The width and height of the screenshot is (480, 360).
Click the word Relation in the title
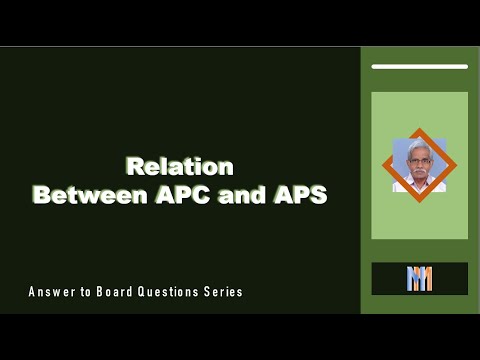tap(180, 166)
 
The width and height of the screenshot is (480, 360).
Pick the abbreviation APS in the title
tap(299, 195)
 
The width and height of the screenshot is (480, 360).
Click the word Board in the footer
tap(118, 292)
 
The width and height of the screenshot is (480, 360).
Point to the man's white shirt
tap(420, 185)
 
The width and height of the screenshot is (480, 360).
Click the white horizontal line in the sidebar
tap(419, 67)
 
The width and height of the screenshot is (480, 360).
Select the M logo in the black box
tap(419, 279)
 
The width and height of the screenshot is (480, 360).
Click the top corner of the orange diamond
tap(420, 128)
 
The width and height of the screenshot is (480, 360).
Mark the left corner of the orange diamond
tap(383, 165)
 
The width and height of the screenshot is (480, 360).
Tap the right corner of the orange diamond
tap(457, 165)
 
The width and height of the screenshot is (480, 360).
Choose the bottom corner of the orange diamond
tap(420, 202)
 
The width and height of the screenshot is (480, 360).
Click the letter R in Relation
tap(133, 166)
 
